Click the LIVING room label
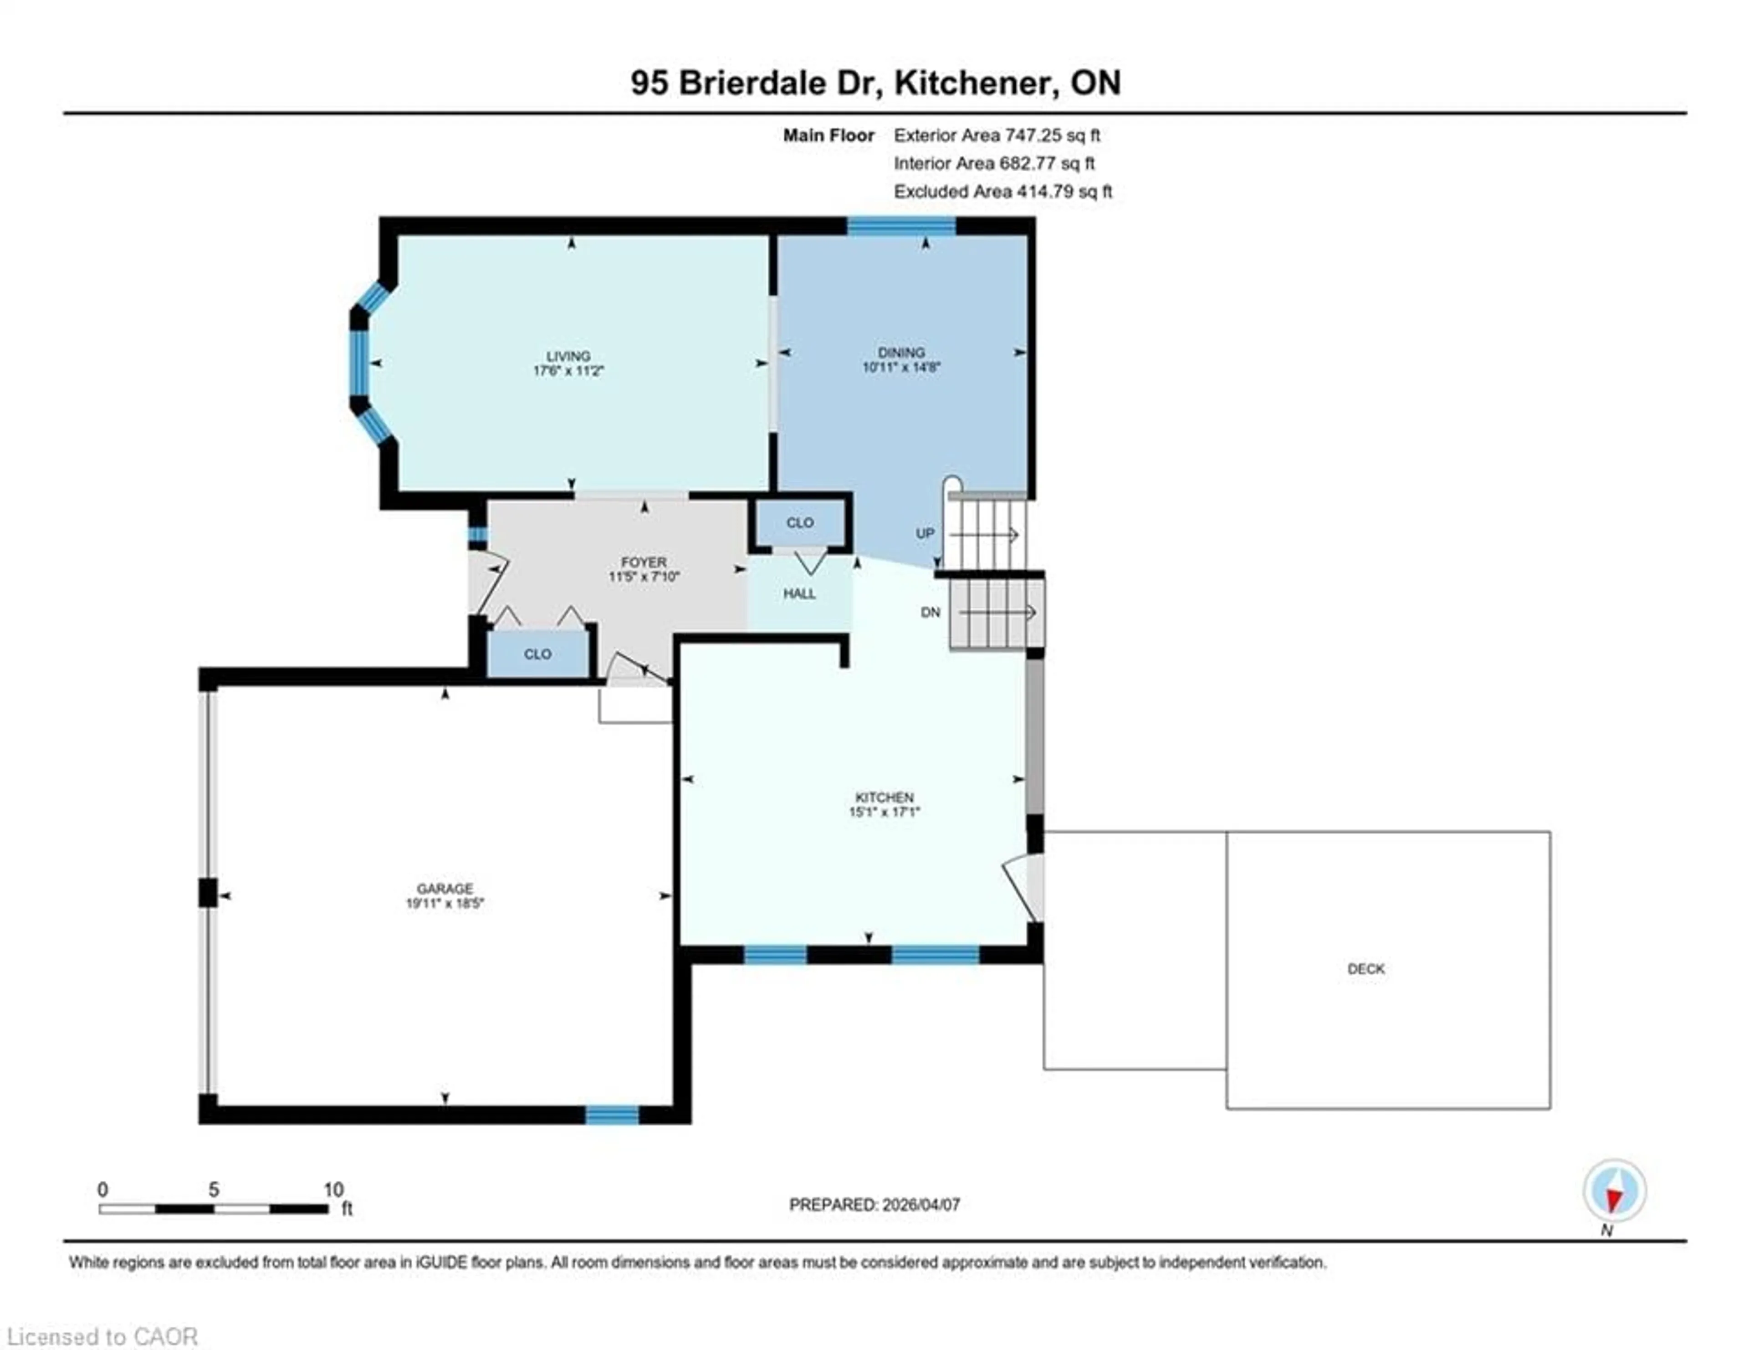[x=568, y=356]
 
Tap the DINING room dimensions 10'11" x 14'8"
[x=901, y=368]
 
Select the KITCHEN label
[x=884, y=798]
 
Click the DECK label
[x=1365, y=969]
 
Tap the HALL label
[x=799, y=593]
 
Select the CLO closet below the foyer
[x=537, y=654]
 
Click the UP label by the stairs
[x=925, y=533]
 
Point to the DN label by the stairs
[x=930, y=613]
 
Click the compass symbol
[x=1614, y=1191]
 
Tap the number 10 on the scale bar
[x=333, y=1190]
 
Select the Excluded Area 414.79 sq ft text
[x=1002, y=191]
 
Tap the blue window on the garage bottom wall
[x=612, y=1115]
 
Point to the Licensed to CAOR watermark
[x=102, y=1336]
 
